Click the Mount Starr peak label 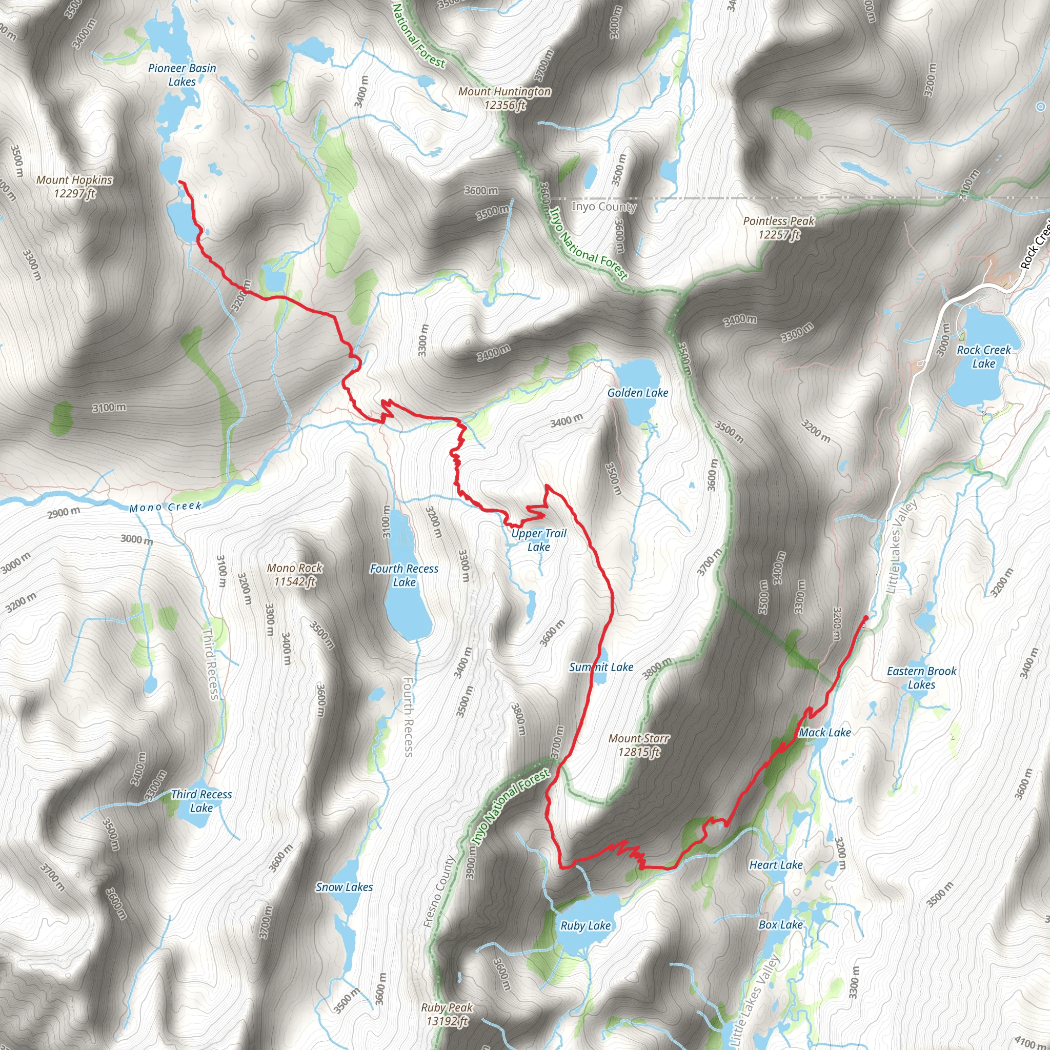[639, 745]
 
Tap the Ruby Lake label [585, 925]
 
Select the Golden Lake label [637, 392]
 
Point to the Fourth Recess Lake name [404, 575]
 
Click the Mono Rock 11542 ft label [295, 574]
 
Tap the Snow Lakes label [344, 887]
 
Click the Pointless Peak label [779, 228]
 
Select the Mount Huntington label [504, 98]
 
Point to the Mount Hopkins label [74, 187]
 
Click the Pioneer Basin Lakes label [182, 75]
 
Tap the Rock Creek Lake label [984, 356]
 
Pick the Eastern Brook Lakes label [922, 678]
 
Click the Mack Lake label [824, 733]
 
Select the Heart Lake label [776, 865]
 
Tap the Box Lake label [780, 924]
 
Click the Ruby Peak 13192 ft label [447, 1014]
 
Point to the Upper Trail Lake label [539, 540]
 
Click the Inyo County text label [604, 207]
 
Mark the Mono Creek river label [165, 507]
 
